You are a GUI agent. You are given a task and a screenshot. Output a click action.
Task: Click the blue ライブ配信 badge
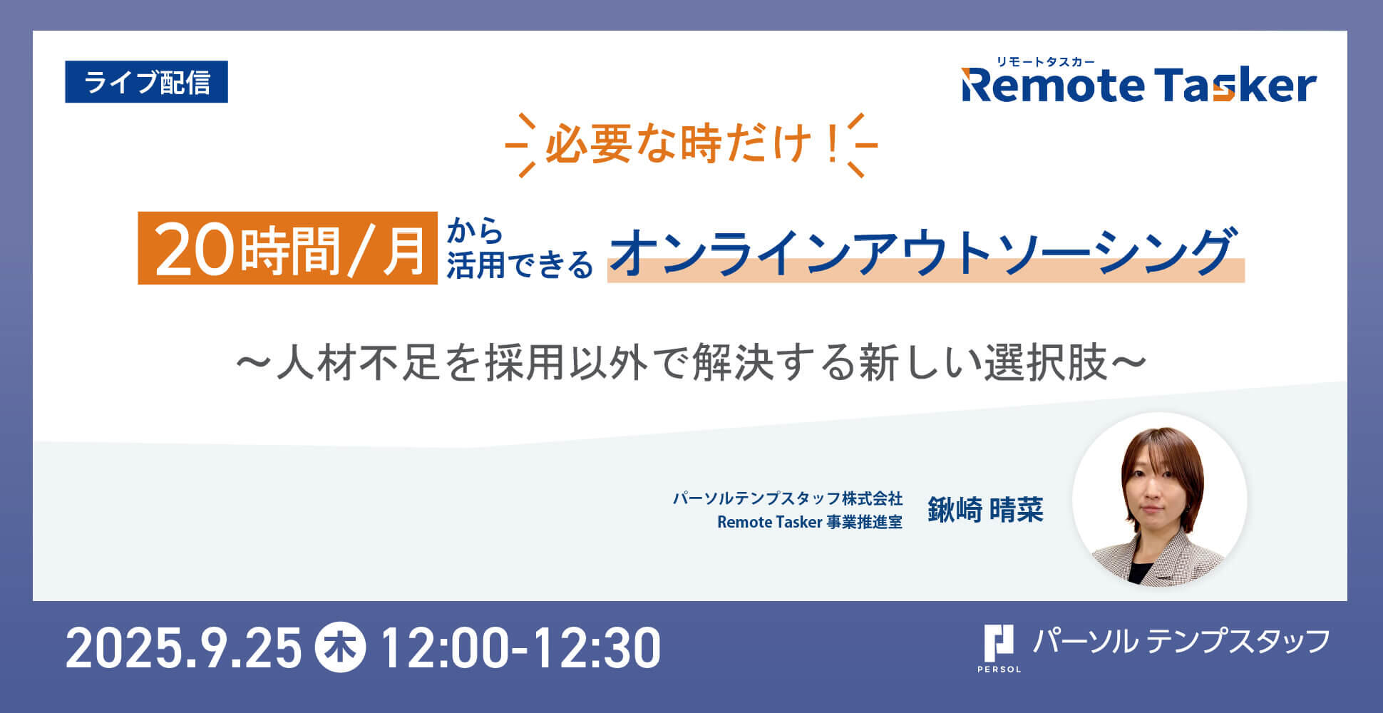pyautogui.click(x=146, y=82)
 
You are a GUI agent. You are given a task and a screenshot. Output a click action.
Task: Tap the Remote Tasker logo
pyautogui.click(x=1138, y=86)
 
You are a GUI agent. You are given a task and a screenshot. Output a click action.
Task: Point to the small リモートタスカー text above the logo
pyautogui.click(x=1046, y=61)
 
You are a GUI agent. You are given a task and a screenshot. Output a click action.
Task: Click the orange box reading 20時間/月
pyautogui.click(x=287, y=248)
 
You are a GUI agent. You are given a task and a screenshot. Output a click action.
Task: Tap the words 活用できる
pyautogui.click(x=520, y=265)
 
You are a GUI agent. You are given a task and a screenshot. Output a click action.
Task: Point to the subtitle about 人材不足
pyautogui.click(x=691, y=362)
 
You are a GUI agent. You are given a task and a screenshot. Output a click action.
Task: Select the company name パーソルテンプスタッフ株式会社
pyautogui.click(x=788, y=498)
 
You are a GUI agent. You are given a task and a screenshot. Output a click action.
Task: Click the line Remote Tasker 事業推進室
pyautogui.click(x=810, y=522)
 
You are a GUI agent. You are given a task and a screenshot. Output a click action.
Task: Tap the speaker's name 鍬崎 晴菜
pyautogui.click(x=985, y=510)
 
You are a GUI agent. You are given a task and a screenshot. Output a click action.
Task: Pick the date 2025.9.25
pyautogui.click(x=184, y=648)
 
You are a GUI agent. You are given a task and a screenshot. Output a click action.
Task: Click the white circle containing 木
pyautogui.click(x=340, y=647)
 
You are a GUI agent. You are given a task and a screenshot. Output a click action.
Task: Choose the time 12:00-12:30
pyautogui.click(x=521, y=648)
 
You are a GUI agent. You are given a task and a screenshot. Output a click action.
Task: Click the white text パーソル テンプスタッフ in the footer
pyautogui.click(x=1181, y=642)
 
